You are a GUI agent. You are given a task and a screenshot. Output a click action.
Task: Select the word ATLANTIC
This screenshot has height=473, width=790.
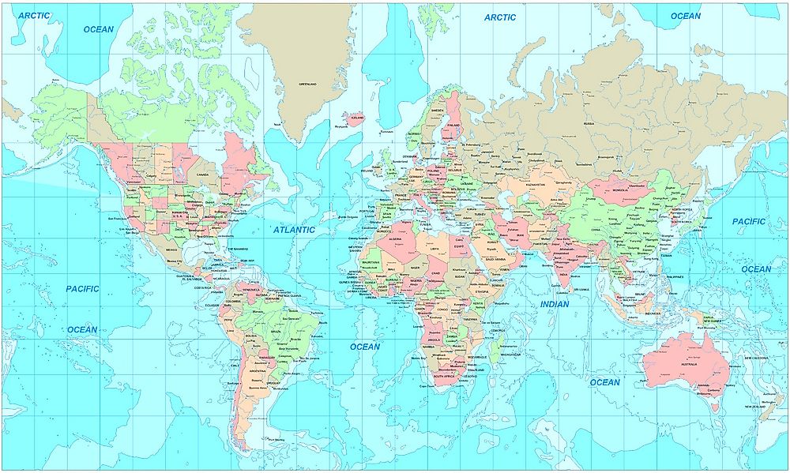(294, 230)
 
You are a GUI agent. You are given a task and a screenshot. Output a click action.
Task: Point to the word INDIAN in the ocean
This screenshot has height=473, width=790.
(555, 304)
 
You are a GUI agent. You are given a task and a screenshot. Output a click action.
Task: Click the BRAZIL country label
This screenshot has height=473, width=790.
(276, 332)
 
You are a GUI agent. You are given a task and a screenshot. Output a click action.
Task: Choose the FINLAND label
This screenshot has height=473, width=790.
(453, 125)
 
